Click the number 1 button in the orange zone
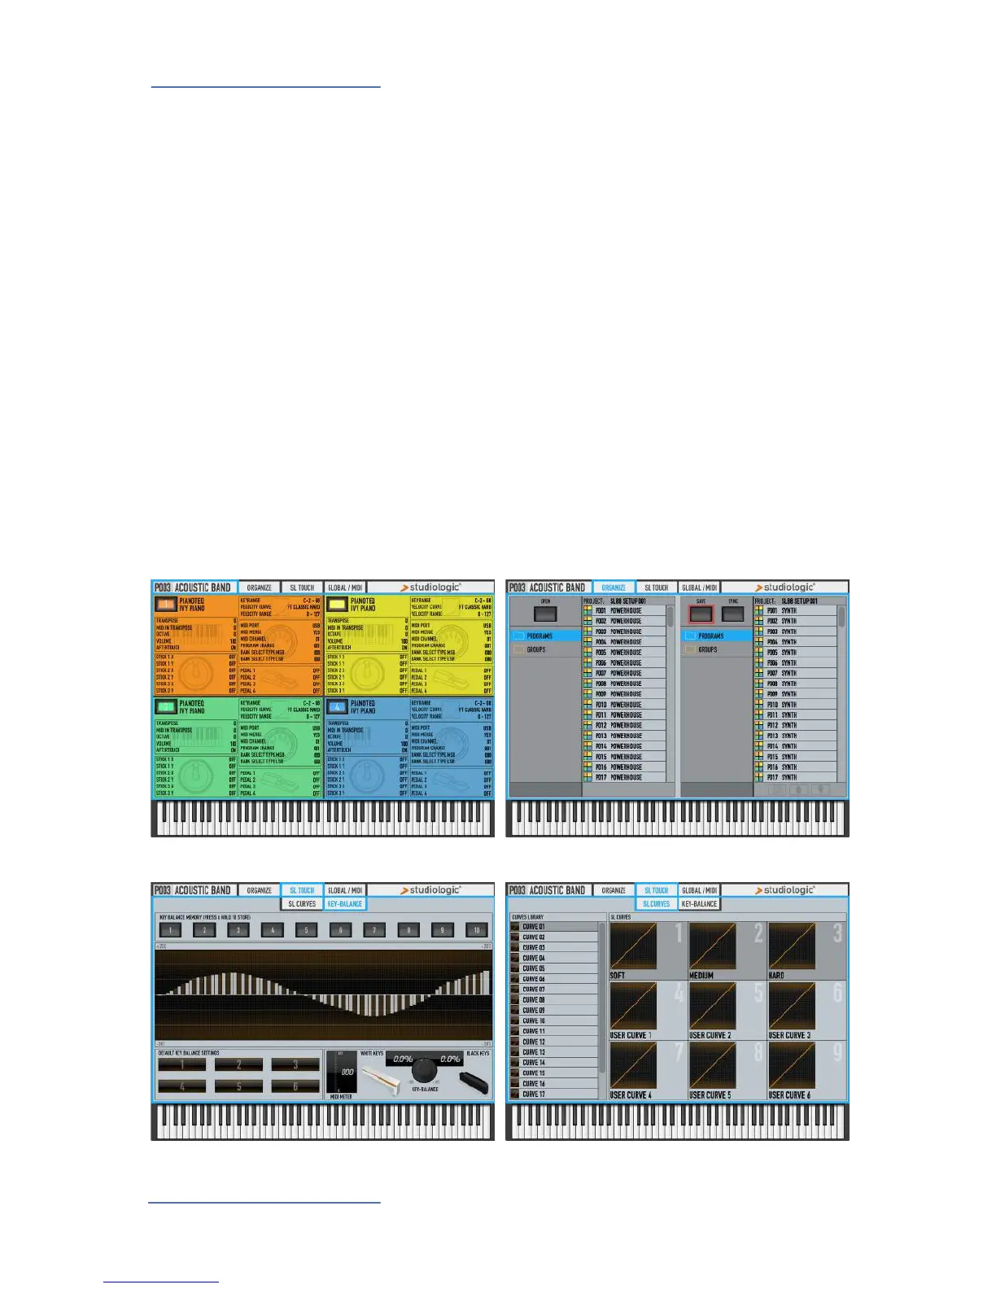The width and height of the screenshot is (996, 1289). point(166,605)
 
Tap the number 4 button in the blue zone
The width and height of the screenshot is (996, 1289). point(337,707)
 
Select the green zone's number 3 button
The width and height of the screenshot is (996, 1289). point(166,707)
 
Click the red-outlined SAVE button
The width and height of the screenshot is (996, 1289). point(701,614)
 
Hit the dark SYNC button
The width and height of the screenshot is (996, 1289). point(733,614)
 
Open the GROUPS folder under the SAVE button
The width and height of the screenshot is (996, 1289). point(707,650)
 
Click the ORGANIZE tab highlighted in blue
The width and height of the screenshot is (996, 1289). point(614,588)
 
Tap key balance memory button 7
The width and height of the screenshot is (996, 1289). point(374,930)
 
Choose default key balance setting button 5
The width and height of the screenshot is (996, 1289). point(238,1086)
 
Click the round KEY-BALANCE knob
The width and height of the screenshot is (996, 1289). point(425,1068)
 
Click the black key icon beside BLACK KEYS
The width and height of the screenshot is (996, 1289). point(474,1082)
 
